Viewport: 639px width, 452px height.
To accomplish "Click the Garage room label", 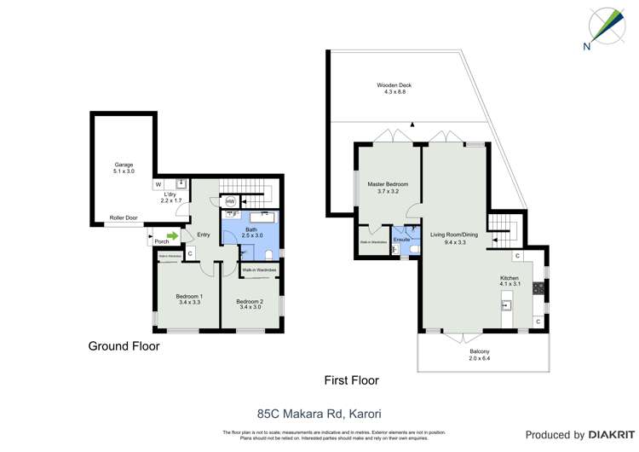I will click(124, 168).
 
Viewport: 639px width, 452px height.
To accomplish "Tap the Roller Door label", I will click(124, 217).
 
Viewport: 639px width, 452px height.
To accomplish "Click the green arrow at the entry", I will click(173, 235).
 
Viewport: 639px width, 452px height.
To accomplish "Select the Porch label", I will click(161, 241).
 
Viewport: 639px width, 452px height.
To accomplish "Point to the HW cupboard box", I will click(230, 202).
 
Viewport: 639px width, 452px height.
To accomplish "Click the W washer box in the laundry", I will click(158, 183).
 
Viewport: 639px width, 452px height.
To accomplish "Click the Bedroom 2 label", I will click(250, 304).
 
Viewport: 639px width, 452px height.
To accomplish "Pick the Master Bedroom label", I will click(388, 188).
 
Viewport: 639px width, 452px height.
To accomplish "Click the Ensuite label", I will click(402, 240).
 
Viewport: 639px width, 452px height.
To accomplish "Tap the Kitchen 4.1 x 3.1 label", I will click(509, 281).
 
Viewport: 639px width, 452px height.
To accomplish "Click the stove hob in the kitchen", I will click(538, 288).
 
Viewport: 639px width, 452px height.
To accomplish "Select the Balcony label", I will click(480, 356).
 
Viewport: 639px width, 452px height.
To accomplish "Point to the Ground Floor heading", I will click(124, 346).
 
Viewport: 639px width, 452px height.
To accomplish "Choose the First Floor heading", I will click(351, 380).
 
